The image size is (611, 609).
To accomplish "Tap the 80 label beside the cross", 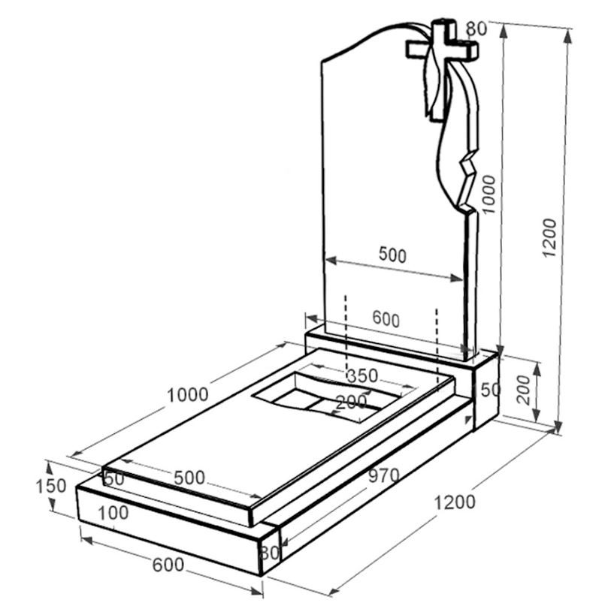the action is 476,29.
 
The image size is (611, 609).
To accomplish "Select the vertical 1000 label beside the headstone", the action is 488,194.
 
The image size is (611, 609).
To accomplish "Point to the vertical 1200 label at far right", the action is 549,237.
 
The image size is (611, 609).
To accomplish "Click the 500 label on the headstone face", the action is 392,255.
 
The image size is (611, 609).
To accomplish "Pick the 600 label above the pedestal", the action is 386,319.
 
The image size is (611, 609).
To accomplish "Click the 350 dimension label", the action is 362,376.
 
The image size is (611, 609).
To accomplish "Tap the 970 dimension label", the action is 384,475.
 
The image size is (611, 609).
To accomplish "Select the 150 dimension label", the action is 51,486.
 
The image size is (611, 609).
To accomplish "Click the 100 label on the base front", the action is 113,513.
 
